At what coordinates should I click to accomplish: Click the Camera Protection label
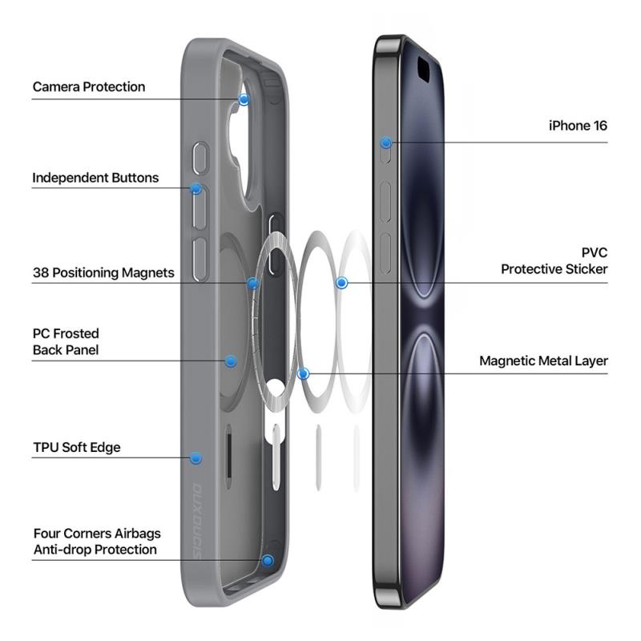coord(89,87)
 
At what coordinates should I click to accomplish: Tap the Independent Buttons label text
coord(95,178)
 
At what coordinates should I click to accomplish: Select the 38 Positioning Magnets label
coord(103,272)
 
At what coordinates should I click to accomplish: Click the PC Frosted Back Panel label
coord(66,342)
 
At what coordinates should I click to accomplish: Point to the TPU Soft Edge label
coord(77,447)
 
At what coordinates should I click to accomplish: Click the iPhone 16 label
coord(578,126)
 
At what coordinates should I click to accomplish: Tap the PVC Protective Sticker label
coord(554,261)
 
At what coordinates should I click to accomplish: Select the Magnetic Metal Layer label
coord(543,361)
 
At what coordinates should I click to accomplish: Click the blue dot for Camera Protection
coord(244,99)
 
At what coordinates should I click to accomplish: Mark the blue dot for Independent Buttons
coord(196,188)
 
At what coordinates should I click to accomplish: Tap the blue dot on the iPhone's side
coord(386,143)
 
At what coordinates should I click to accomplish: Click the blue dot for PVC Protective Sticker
coord(342,283)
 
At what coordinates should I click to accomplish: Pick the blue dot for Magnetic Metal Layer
coord(304,373)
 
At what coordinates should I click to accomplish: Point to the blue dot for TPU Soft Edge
coord(196,458)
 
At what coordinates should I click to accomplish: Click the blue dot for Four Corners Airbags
coord(268,560)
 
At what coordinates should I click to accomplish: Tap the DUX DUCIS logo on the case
coord(197,522)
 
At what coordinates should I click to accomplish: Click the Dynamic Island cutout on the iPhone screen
coord(423,69)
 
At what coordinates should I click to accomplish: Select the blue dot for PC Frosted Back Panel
coord(231,361)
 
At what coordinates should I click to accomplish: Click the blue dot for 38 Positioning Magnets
coord(253,284)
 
